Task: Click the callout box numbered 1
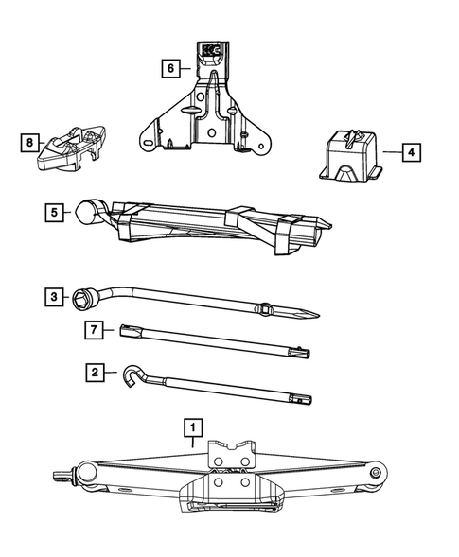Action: (x=193, y=427)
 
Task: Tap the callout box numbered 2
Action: (x=95, y=373)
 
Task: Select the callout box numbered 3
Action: (x=54, y=297)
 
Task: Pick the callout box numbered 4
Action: (x=412, y=152)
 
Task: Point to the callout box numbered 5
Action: (x=54, y=213)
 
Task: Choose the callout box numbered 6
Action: (x=171, y=68)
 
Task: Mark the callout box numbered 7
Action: (x=94, y=330)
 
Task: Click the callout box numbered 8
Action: (x=30, y=143)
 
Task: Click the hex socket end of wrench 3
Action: (x=82, y=299)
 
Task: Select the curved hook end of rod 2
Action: (x=132, y=374)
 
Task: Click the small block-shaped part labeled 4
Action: (x=351, y=156)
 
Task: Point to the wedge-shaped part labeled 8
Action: (x=71, y=148)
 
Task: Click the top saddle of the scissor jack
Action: (x=232, y=454)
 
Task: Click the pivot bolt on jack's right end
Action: (x=375, y=473)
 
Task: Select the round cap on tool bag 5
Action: (x=86, y=213)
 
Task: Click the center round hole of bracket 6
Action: (x=212, y=133)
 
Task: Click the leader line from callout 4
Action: (x=392, y=152)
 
